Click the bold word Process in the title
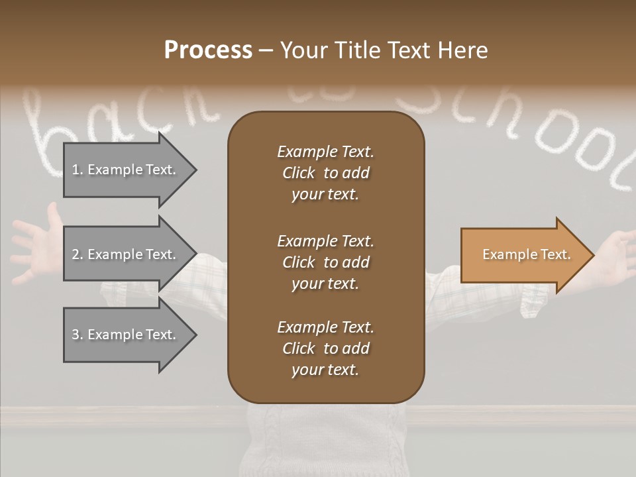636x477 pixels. point(208,50)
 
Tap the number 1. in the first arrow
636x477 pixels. point(78,170)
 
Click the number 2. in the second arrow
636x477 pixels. point(78,254)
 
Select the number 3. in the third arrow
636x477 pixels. point(78,335)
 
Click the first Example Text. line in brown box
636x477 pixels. point(325,152)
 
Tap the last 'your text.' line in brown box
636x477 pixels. point(325,370)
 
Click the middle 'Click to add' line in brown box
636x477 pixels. point(325,262)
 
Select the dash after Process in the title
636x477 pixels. point(266,51)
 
